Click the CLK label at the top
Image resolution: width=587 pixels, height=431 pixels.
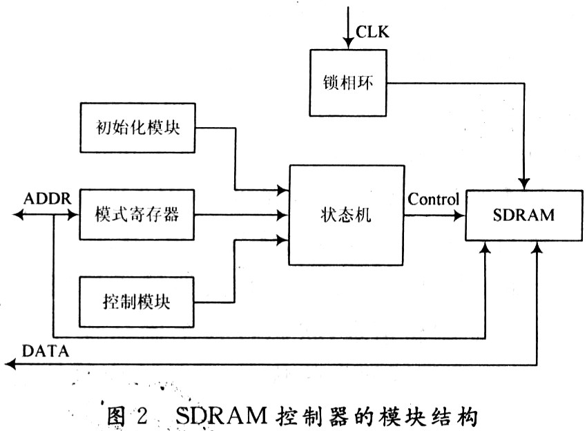point(372,32)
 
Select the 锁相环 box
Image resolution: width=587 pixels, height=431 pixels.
point(348,83)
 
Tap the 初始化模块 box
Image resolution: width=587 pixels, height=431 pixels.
point(137,128)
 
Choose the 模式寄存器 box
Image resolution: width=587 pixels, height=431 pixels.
point(137,215)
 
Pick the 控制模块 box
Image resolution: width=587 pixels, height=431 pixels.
point(137,302)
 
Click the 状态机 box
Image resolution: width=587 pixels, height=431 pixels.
point(346,215)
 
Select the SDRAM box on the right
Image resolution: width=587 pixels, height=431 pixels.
point(524,215)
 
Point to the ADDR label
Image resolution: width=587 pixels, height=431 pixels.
point(47,198)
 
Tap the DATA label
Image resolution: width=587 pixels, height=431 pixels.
point(46,352)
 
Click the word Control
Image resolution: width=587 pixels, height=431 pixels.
point(433,199)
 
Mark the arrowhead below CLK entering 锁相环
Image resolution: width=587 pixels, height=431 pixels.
point(348,44)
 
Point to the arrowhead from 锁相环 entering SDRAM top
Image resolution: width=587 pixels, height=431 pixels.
point(524,184)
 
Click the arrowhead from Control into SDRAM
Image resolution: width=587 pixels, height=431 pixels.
point(459,215)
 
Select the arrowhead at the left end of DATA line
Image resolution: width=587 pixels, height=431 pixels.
point(10,364)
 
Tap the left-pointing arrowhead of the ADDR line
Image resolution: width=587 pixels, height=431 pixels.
point(19,215)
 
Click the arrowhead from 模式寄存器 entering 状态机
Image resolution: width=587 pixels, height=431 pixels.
point(282,215)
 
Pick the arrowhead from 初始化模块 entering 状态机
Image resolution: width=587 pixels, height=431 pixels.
point(282,190)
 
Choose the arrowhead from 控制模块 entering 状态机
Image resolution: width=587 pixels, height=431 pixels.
point(282,240)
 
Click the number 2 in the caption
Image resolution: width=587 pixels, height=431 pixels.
point(142,415)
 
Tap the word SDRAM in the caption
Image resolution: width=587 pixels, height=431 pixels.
point(221,415)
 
